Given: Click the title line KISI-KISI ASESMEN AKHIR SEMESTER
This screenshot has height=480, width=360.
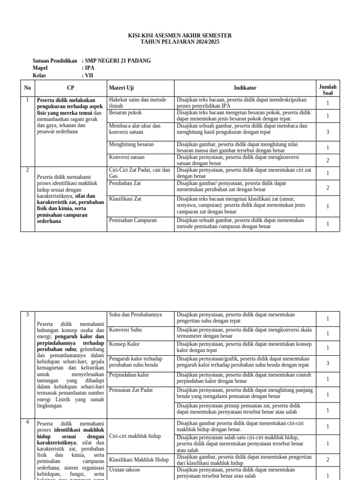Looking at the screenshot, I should pyautogui.click(x=180, y=36).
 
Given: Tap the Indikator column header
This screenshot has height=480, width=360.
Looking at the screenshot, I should pyautogui.click(x=245, y=88).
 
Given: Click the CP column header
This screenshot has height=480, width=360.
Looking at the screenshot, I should pyautogui.click(x=70, y=88).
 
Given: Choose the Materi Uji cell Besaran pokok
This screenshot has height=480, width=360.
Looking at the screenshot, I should pyautogui.click(x=125, y=113).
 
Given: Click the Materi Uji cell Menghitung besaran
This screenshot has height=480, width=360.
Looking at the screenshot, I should pyautogui.click(x=131, y=145).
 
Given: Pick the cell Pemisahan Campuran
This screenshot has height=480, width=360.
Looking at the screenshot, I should pyautogui.click(x=133, y=220).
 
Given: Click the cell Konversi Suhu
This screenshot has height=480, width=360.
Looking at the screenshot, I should pyautogui.click(x=126, y=330).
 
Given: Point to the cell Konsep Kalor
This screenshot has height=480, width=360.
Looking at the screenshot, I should pyautogui.click(x=124, y=344).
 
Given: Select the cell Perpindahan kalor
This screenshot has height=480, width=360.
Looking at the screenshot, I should pyautogui.click(x=129, y=375).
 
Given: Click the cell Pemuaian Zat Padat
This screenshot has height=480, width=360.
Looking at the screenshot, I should pyautogui.click(x=131, y=390).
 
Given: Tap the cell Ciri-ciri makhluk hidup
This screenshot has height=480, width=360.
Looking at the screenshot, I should pyautogui.click(x=135, y=436).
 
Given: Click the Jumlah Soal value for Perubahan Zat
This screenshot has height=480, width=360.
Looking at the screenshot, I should pyautogui.click(x=328, y=187).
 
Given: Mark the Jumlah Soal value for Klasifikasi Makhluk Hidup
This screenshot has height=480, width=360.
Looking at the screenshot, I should pyautogui.click(x=328, y=460).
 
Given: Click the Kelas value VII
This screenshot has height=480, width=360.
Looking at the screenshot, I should pyautogui.click(x=89, y=75).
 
